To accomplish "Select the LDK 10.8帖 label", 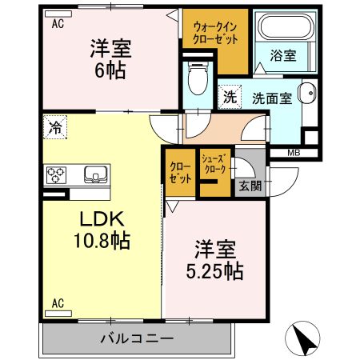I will point(103,228).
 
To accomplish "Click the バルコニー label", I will point(136,338).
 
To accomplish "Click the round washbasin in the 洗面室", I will point(304,94).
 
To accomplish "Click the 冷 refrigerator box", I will point(55,126).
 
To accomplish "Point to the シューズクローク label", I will point(214,164).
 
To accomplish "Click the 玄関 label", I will point(247,186).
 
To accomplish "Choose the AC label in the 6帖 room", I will point(58,24).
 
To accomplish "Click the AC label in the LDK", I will point(58,303).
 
